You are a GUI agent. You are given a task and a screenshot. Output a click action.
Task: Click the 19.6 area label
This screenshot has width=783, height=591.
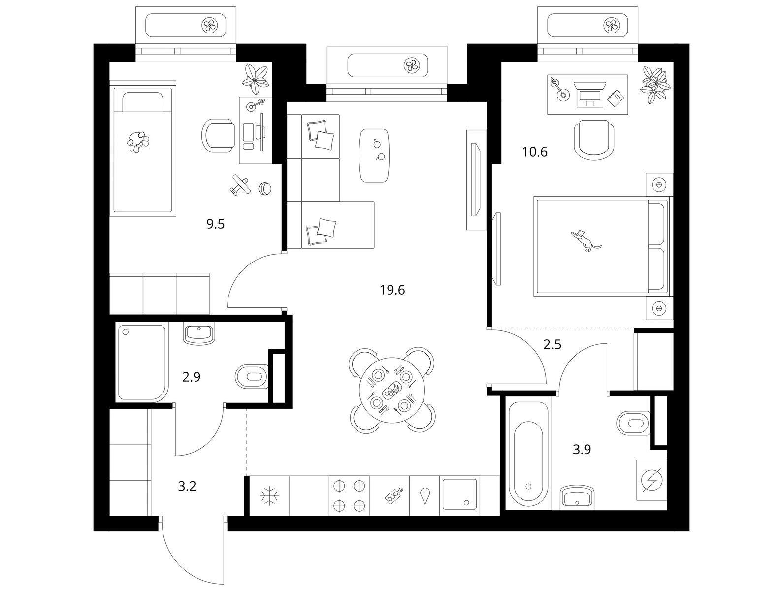[392, 290]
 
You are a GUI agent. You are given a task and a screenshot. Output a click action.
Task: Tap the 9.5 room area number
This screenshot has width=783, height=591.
[216, 224]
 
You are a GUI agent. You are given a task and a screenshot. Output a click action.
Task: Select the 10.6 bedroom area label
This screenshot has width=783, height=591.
[535, 152]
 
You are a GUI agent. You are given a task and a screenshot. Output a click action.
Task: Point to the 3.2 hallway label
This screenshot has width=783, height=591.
[187, 486]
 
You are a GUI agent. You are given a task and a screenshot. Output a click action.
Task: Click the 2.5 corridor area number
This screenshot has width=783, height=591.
[552, 344]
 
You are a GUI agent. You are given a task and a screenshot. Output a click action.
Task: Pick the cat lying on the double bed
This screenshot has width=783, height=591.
[586, 240]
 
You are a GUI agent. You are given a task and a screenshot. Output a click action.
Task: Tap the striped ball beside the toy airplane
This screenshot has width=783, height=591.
[265, 188]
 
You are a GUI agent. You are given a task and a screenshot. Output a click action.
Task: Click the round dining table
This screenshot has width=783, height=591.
[392, 390]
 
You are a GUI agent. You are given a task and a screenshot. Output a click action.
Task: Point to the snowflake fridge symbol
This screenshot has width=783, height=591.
[270, 496]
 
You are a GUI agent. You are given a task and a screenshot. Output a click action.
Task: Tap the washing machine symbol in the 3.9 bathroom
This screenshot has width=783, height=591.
[652, 480]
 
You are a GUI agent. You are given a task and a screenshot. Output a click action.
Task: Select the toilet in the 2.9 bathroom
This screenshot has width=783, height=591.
[252, 377]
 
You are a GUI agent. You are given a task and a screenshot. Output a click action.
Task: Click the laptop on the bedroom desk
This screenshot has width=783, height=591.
[590, 95]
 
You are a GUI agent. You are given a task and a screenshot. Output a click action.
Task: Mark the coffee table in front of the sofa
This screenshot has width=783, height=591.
[374, 155]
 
